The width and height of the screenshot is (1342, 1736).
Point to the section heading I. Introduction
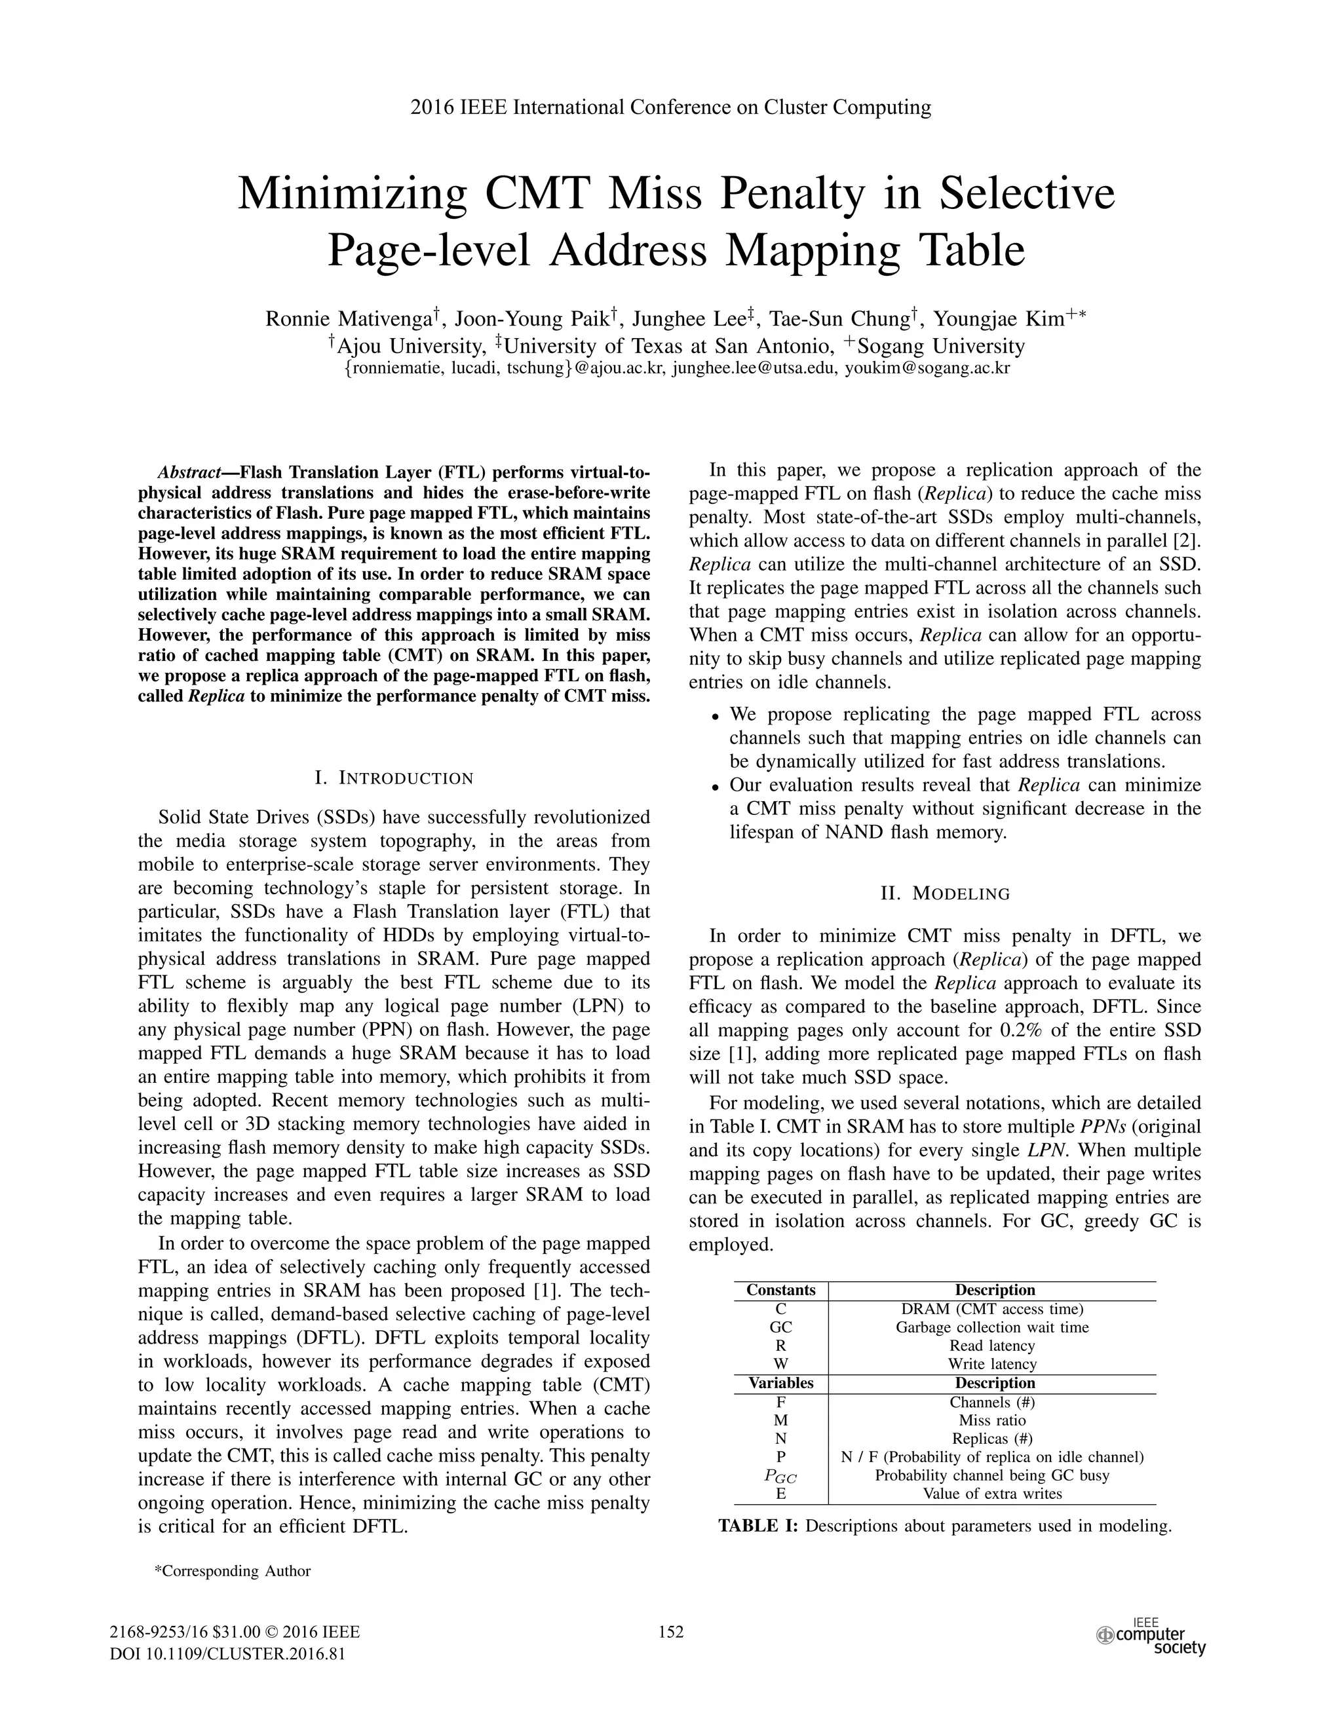point(394,778)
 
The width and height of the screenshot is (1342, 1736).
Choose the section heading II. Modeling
point(946,894)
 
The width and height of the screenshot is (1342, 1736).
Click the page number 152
point(671,1632)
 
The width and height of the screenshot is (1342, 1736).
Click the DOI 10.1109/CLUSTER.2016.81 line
point(227,1653)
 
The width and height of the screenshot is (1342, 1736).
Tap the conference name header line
point(670,107)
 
